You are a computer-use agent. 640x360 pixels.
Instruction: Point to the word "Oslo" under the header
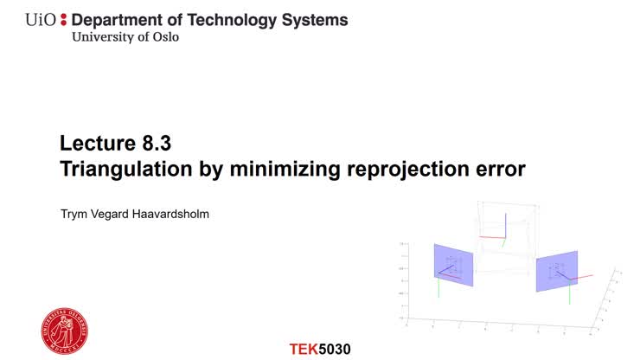point(165,37)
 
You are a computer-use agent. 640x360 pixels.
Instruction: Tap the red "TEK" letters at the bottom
point(304,349)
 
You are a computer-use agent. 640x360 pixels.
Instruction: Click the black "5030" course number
point(336,349)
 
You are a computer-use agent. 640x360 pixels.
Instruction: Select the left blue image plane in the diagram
point(453,266)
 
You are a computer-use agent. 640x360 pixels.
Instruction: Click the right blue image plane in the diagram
point(556,271)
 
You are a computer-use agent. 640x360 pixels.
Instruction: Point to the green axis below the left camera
point(438,288)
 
